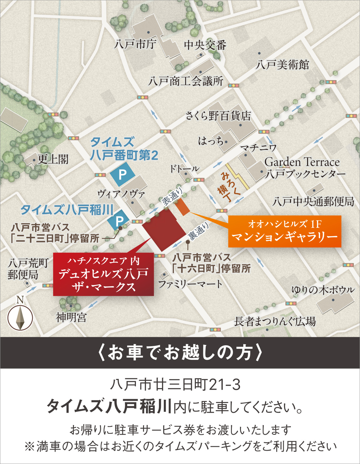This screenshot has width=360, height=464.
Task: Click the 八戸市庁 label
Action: tap(135, 43)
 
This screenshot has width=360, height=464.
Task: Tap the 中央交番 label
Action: tap(205, 45)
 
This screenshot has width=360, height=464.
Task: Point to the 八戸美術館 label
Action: tap(282, 65)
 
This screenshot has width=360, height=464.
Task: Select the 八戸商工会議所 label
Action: tap(186, 81)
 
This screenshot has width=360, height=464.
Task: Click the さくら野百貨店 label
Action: tap(218, 116)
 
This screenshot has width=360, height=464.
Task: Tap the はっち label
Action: tap(211, 141)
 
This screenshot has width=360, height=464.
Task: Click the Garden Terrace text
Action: tap(302, 162)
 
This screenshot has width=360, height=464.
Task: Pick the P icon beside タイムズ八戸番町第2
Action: tap(123, 174)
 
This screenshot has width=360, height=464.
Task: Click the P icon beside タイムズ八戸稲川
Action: tap(119, 221)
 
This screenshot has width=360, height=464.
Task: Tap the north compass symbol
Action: tap(20, 316)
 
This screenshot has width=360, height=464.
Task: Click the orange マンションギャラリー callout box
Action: tap(285, 231)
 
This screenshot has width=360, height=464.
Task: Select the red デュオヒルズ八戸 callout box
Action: tap(103, 274)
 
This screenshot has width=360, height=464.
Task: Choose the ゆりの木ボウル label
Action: tap(323, 290)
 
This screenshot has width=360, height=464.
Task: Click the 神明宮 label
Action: tap(71, 317)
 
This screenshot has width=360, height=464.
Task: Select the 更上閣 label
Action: tap(53, 159)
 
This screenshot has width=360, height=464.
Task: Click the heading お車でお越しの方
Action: tap(180, 353)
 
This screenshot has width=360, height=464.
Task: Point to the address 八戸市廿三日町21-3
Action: tap(175, 385)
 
